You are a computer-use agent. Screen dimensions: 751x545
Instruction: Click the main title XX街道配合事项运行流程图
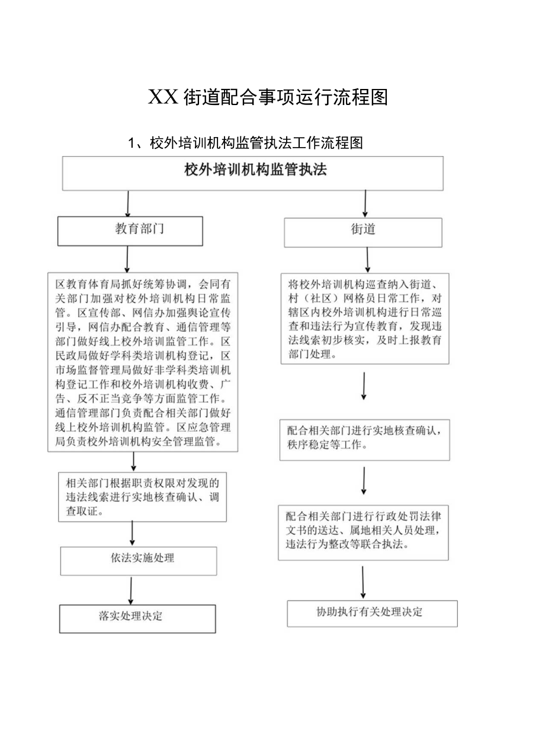268,97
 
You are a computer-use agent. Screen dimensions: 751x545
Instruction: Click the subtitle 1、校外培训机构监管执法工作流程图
245,143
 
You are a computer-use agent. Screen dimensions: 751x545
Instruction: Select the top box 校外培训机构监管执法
253,173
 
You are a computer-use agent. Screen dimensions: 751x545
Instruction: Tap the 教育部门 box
130,231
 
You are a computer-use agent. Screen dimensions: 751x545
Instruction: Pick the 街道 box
363,231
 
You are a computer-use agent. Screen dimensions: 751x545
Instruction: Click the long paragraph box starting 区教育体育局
143,362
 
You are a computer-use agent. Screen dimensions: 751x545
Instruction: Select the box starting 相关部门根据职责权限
142,497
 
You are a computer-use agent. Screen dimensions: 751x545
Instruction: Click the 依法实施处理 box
139,560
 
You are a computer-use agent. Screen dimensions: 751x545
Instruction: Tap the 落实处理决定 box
137,618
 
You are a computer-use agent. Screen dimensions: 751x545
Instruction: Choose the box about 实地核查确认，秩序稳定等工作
364,440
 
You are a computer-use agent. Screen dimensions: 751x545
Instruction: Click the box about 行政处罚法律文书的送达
364,532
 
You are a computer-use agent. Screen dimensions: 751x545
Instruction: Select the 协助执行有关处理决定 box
372,613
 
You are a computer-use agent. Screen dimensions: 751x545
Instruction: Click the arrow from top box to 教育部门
128,203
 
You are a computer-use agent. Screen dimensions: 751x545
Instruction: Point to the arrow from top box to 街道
365,203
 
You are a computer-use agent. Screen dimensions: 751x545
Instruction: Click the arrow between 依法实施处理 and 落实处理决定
131,590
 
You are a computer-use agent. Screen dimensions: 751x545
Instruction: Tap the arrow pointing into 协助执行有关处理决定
363,582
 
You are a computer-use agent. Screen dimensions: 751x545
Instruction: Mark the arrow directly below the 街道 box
368,260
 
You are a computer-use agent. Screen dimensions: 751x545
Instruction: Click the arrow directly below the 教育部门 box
127,259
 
